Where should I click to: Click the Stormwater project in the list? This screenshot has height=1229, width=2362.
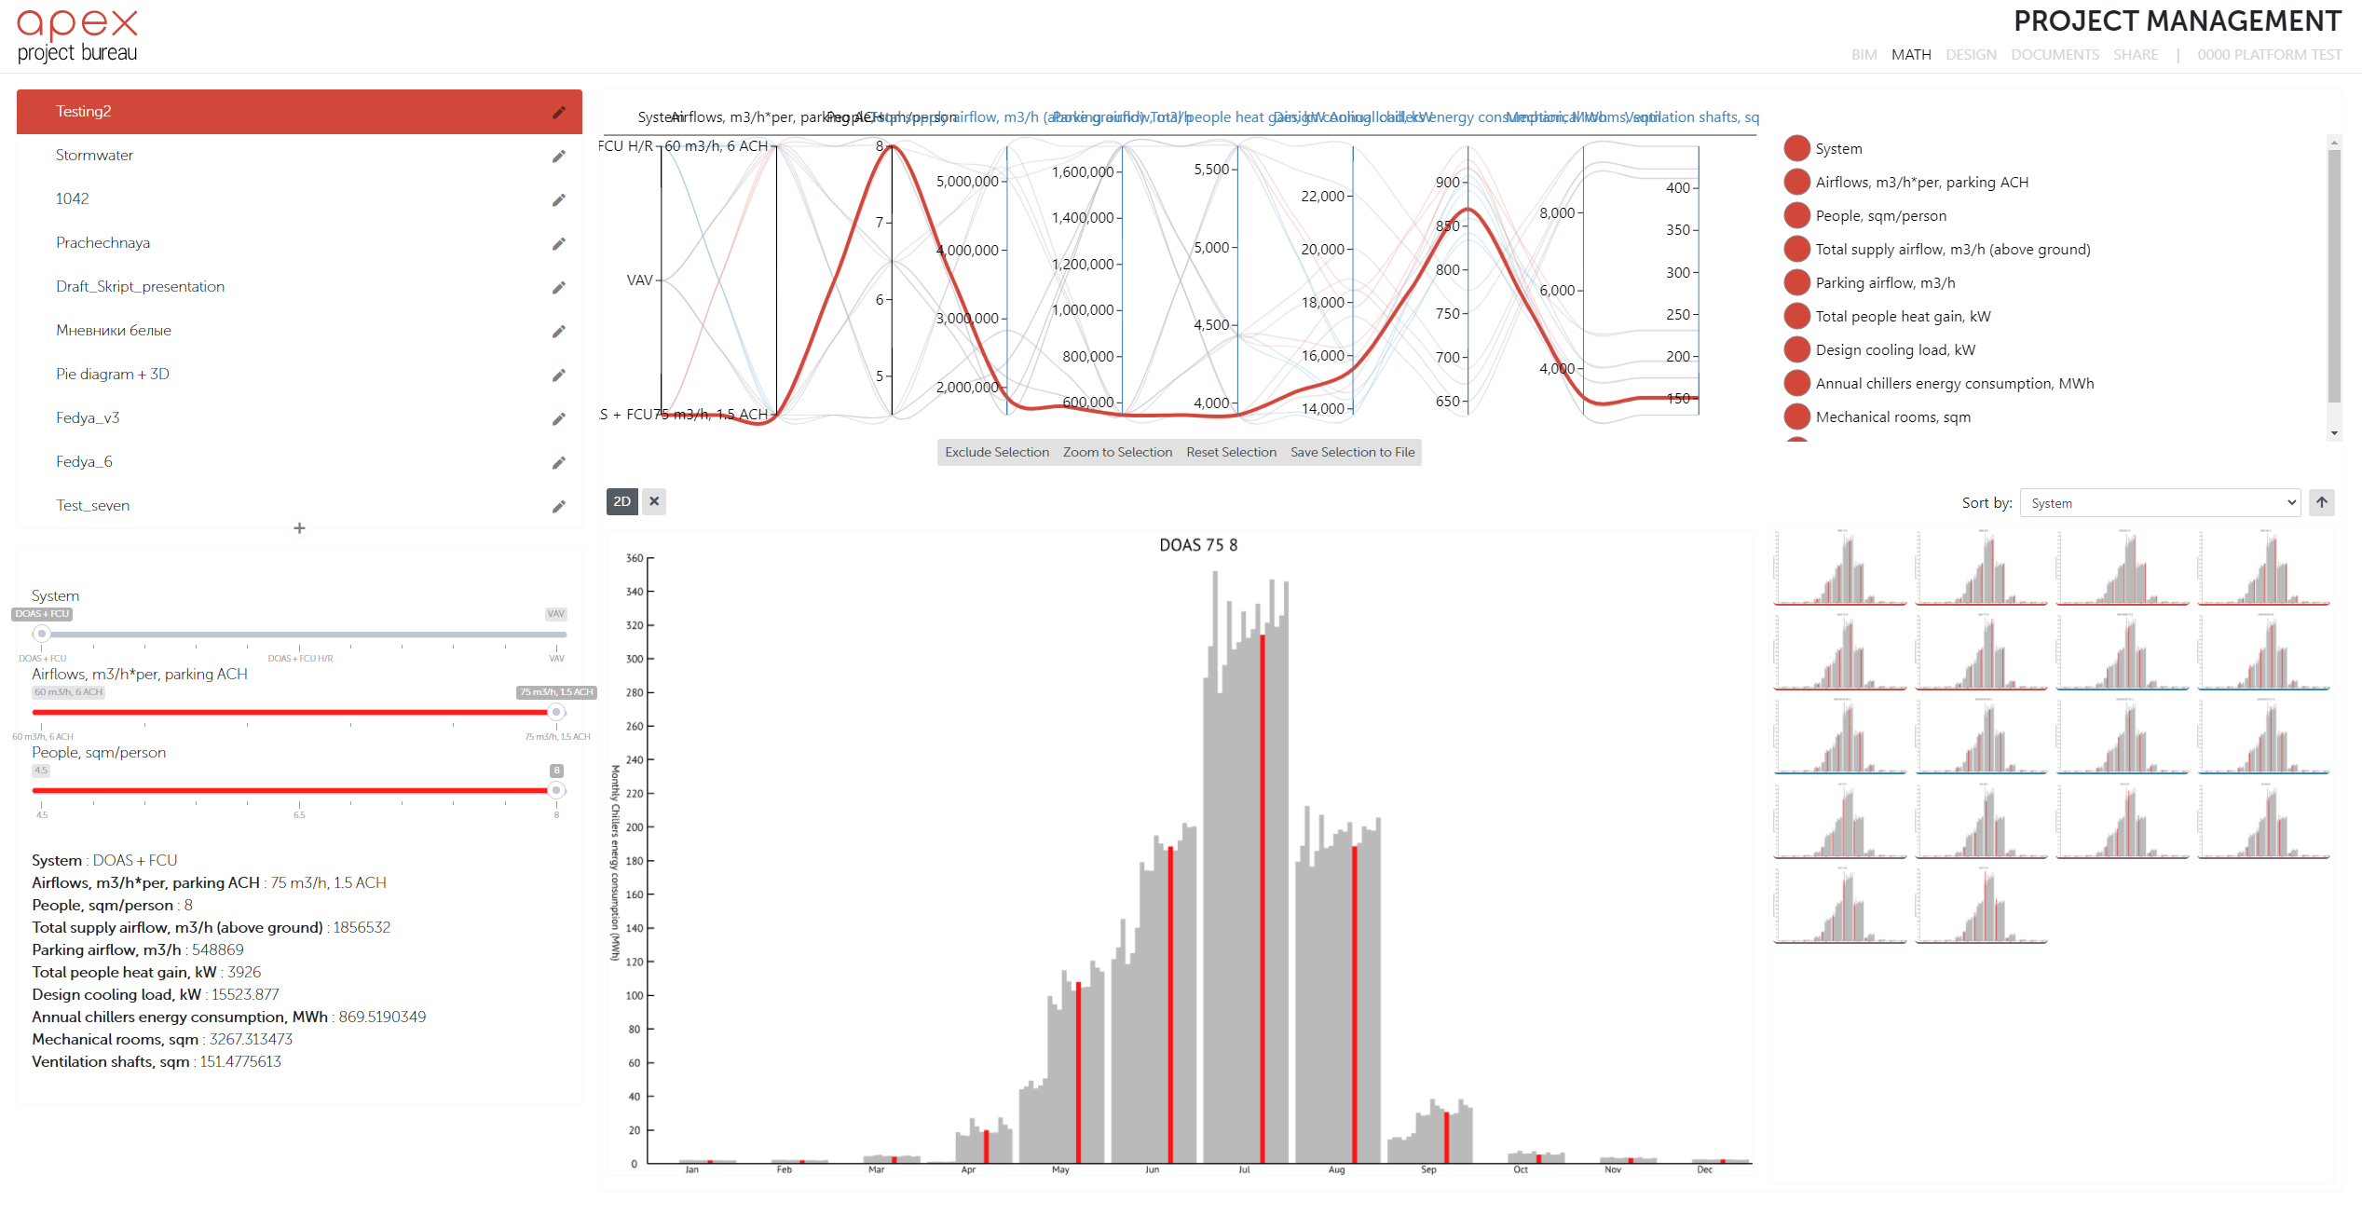(94, 155)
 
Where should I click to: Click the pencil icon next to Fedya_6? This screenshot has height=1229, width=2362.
(558, 462)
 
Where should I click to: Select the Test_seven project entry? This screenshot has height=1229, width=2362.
(92, 505)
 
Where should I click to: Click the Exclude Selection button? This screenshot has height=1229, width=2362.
(996, 452)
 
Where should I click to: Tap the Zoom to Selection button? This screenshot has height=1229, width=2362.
(1117, 452)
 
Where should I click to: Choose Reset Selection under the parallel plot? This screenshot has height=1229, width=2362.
(1231, 452)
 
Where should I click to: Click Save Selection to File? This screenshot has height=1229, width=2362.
(1352, 452)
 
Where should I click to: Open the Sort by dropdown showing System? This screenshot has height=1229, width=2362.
(2159, 503)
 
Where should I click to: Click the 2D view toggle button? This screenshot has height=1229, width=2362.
(621, 501)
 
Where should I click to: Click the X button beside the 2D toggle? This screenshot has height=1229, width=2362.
(654, 501)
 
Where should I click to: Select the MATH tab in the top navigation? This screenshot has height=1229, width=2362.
(1910, 55)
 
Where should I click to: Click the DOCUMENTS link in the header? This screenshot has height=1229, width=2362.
(2055, 55)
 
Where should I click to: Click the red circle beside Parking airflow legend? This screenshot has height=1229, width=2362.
(1796, 282)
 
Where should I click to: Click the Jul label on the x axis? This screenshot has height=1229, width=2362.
(1244, 1170)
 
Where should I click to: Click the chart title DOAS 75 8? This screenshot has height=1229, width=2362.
(1198, 545)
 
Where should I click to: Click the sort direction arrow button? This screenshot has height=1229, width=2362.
(2322, 502)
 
